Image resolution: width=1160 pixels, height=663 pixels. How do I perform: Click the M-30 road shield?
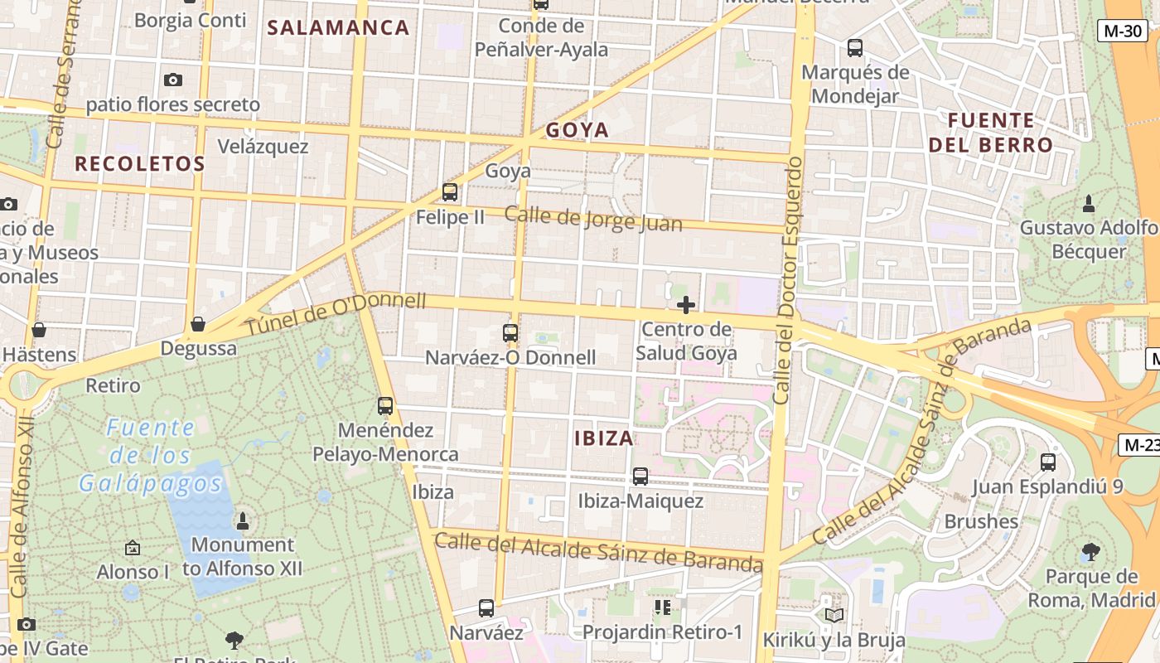(x=1123, y=31)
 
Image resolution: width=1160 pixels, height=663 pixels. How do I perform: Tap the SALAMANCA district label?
(x=339, y=27)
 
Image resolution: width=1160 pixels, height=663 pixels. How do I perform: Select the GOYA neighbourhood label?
(x=578, y=130)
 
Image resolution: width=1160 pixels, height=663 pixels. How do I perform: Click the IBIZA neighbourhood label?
(x=604, y=438)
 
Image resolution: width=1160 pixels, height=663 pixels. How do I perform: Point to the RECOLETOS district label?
(x=140, y=164)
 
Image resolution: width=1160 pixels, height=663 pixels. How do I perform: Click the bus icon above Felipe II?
(x=450, y=192)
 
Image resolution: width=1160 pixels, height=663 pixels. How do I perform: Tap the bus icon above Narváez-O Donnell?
(x=510, y=333)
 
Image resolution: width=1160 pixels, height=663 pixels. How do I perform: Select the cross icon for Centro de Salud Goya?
(x=686, y=305)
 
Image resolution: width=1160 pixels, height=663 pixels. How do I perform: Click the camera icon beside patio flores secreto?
(x=173, y=80)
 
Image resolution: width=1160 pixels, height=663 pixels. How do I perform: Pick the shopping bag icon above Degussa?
(x=198, y=324)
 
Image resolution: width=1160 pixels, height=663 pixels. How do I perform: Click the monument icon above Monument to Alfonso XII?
(x=243, y=520)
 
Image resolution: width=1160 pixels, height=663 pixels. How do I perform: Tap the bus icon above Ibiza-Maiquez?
(x=640, y=477)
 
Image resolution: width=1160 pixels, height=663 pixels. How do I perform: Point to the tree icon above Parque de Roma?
(x=1091, y=552)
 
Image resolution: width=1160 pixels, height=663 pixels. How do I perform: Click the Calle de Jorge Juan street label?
(x=593, y=219)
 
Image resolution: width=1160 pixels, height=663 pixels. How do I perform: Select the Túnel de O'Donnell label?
(x=336, y=315)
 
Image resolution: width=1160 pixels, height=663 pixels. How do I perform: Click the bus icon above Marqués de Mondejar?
(x=855, y=48)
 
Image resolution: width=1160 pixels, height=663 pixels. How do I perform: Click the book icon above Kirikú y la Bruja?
(x=834, y=615)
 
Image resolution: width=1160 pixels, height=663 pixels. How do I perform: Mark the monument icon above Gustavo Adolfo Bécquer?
(x=1089, y=202)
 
